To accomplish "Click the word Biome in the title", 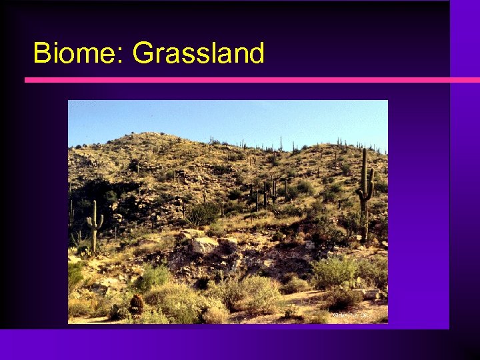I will point(73,53).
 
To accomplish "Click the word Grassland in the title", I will point(199,53).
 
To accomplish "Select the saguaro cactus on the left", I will point(95,227).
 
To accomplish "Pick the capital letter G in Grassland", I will point(143,53).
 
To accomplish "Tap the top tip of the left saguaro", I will point(95,202).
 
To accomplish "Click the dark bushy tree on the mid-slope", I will point(203,213).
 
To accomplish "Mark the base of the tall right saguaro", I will point(365,240).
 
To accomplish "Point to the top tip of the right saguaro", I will point(364,150).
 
